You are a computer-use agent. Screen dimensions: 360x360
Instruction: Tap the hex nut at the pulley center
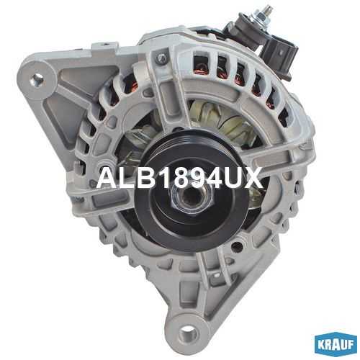[192, 197]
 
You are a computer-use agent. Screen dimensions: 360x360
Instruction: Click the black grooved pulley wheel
[192, 192]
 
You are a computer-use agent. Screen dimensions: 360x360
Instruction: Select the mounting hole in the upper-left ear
[37, 79]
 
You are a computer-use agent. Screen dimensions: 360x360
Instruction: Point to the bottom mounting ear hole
[189, 334]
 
